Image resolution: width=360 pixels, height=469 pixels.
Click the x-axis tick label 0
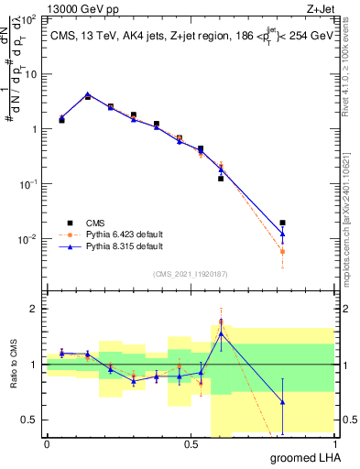point(47,444)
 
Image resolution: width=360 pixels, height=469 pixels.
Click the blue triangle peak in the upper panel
point(88,93)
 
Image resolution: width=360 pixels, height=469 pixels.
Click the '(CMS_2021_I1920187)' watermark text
point(190,273)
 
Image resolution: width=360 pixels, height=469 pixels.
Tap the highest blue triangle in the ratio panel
point(221,333)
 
